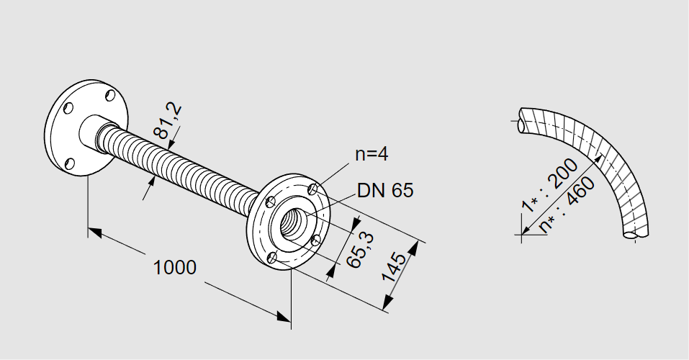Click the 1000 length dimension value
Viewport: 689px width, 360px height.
[x=175, y=268]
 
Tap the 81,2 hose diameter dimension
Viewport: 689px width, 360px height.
[x=168, y=120]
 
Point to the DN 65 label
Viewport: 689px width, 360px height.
[x=385, y=191]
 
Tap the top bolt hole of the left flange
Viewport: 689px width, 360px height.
[x=109, y=95]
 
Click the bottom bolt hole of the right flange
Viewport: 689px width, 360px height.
[x=272, y=257]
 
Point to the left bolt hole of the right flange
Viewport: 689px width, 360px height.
[x=271, y=201]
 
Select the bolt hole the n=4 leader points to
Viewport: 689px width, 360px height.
[x=312, y=189]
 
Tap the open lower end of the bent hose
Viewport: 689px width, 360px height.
[x=631, y=233]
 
